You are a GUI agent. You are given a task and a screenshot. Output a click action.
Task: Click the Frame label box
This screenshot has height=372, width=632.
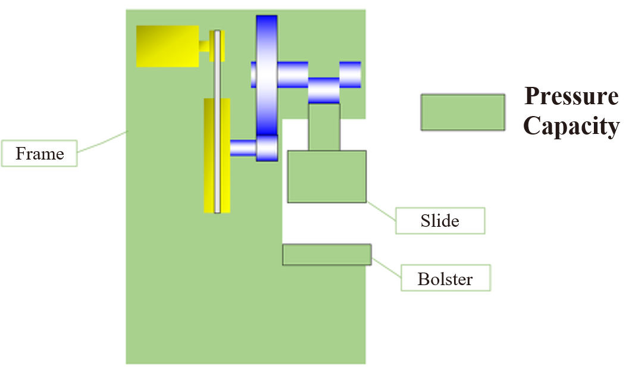[39, 154]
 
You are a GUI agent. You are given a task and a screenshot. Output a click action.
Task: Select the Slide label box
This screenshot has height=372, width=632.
[440, 221]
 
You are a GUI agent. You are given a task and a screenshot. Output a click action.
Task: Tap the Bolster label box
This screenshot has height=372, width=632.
[445, 279]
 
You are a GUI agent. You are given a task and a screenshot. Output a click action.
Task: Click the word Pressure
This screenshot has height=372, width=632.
[571, 96]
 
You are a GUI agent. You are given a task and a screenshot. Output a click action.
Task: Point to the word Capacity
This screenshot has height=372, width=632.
[571, 126]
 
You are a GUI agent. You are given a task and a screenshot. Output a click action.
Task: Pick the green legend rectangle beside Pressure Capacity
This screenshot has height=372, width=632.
[462, 112]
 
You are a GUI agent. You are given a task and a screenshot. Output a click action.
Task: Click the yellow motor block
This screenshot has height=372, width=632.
[167, 46]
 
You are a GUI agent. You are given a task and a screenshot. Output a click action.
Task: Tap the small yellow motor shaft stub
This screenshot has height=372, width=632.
[205, 46]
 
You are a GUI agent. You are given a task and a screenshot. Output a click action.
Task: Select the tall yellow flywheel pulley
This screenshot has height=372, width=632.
[209, 155]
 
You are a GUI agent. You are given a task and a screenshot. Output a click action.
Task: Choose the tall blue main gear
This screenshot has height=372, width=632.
[267, 74]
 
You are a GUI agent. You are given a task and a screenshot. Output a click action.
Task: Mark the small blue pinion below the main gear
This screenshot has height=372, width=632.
[267, 148]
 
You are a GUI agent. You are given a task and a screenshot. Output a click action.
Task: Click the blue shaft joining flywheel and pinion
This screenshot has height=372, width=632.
[243, 147]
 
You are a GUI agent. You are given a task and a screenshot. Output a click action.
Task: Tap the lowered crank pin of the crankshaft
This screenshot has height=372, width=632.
[324, 90]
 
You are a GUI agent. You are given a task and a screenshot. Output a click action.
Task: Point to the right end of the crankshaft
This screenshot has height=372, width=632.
[351, 74]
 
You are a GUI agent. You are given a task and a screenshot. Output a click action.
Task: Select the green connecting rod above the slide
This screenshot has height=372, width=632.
[324, 127]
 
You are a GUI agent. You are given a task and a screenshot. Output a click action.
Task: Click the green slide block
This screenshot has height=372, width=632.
[327, 176]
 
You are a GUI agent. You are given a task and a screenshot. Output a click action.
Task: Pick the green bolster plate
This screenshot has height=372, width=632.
[327, 254]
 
